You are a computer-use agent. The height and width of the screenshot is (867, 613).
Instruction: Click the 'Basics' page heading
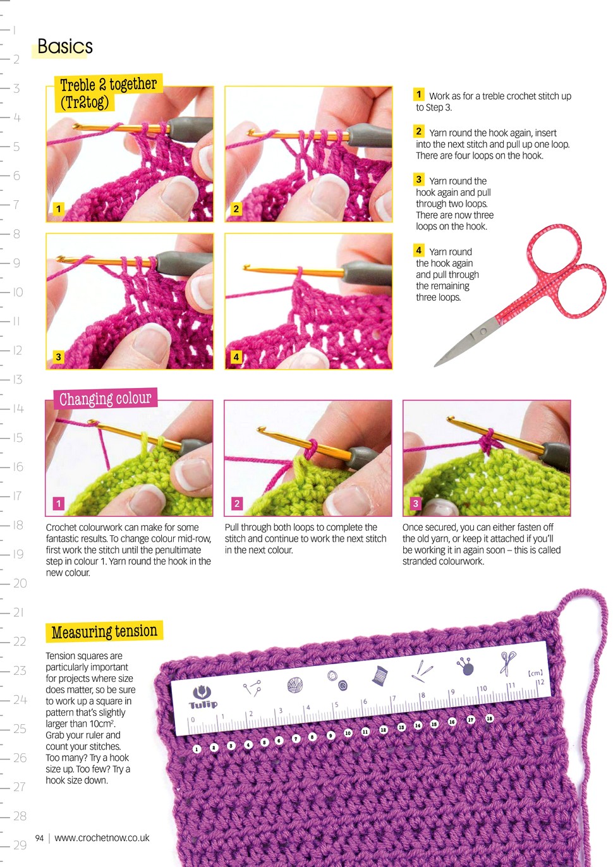click(65, 47)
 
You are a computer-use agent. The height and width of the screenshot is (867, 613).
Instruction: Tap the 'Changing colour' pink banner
click(106, 398)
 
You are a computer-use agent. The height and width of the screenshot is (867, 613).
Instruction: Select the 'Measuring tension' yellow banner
click(104, 631)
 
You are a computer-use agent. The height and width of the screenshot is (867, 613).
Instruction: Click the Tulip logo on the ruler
click(203, 697)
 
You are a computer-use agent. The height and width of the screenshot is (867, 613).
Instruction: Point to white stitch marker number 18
click(489, 718)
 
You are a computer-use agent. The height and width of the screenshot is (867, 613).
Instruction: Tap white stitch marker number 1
click(197, 749)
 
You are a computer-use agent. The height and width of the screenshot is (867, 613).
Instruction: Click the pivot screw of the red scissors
click(483, 332)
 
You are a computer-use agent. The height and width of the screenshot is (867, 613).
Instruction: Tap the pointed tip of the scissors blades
click(435, 365)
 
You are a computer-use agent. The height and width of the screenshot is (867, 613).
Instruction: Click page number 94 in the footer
click(39, 838)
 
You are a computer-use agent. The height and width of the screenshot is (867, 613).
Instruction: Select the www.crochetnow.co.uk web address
click(102, 838)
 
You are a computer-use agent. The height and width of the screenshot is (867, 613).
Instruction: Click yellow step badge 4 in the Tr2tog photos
click(236, 357)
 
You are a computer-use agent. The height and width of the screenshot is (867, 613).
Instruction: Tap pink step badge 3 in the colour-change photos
click(415, 504)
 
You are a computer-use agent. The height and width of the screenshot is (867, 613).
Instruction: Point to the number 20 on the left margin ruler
click(20, 583)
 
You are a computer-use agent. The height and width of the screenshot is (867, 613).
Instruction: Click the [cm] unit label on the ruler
click(535, 673)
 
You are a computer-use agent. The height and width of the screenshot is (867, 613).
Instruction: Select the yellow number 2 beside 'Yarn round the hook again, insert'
click(418, 131)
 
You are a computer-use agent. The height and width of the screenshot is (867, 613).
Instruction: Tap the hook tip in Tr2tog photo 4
click(245, 267)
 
